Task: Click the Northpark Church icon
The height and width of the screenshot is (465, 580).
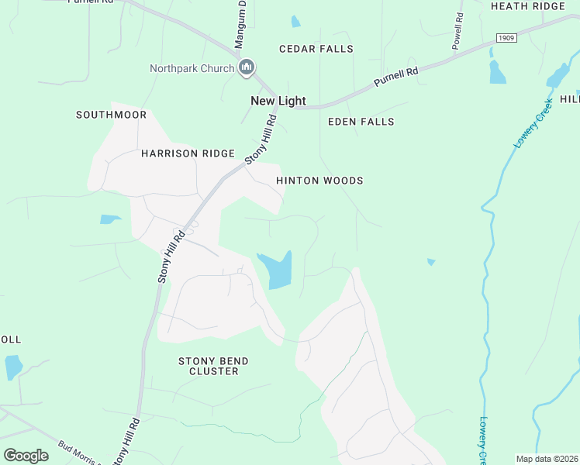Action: click(247, 68)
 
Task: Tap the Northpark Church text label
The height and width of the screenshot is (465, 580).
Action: click(192, 68)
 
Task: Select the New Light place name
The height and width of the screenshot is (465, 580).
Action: click(278, 101)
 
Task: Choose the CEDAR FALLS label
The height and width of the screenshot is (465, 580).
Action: click(316, 49)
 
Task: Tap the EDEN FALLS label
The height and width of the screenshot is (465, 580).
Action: click(361, 122)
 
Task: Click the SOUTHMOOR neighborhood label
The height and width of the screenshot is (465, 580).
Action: click(111, 115)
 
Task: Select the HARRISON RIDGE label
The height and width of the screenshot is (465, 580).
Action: click(187, 153)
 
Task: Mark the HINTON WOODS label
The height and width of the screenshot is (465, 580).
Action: click(319, 181)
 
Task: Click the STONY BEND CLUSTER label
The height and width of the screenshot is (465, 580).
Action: click(209, 366)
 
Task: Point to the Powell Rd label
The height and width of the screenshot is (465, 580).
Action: click(457, 31)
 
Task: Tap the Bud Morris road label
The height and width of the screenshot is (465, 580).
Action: click(78, 453)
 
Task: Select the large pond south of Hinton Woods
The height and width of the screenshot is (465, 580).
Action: click(277, 270)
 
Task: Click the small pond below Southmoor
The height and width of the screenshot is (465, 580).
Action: click(110, 219)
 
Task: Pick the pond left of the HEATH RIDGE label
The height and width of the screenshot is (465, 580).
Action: click(496, 71)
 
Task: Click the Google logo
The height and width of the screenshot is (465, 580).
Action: click(26, 455)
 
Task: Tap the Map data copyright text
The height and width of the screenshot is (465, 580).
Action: click(547, 459)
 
